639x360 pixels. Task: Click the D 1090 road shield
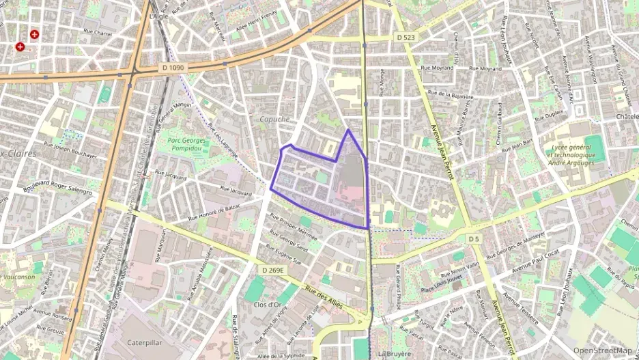pos(174,68)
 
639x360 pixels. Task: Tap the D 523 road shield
pos(406,37)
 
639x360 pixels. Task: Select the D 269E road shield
pos(273,271)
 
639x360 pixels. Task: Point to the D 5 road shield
pos(474,238)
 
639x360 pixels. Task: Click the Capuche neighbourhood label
pos(274,119)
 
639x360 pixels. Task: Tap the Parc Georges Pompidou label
pos(186,145)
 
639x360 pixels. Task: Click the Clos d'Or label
pos(268,305)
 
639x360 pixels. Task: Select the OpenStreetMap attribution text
pos(602,350)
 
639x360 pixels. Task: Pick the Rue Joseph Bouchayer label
pos(75,149)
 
